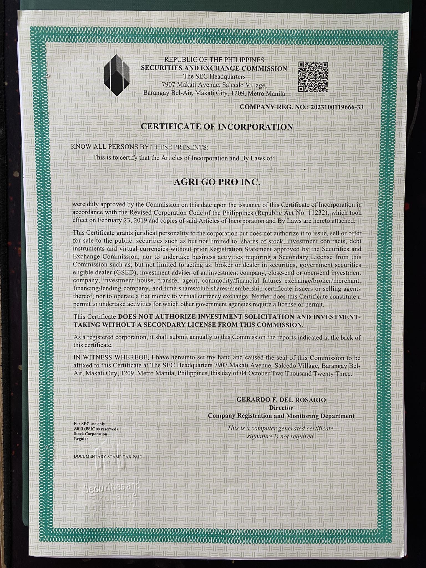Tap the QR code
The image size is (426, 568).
pos(313,77)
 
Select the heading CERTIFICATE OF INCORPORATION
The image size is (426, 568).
pos(217,127)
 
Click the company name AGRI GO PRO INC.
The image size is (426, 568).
pos(217,182)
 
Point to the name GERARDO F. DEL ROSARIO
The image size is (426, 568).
pos(281,400)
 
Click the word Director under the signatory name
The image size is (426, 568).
pos(281,408)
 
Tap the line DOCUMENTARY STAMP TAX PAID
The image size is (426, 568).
pos(108,456)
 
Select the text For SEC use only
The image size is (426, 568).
pos(89,424)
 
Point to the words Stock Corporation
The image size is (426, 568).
pos(90,434)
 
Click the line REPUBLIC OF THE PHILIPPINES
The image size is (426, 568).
pos(214,60)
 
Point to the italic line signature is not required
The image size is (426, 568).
pos(281,436)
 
